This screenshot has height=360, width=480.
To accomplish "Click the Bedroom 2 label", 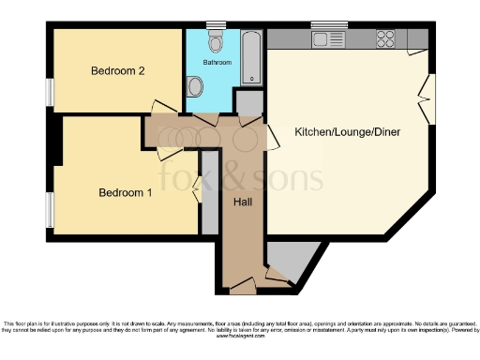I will (x=117, y=71).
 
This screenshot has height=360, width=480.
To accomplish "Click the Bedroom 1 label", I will (x=126, y=193).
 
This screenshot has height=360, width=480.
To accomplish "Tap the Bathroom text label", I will (x=217, y=63).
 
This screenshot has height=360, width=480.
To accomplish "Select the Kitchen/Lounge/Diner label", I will (x=348, y=132).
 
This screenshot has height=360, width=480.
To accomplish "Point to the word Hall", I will (x=243, y=202).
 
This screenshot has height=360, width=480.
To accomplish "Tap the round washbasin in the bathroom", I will (x=195, y=87).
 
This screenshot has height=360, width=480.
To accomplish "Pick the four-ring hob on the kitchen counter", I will (x=385, y=39).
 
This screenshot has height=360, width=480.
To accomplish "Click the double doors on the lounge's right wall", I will (x=427, y=101).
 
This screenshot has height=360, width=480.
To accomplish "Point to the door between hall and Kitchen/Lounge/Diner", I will (x=272, y=137).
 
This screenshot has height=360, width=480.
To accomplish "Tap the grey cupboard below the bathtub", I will (x=248, y=102).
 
